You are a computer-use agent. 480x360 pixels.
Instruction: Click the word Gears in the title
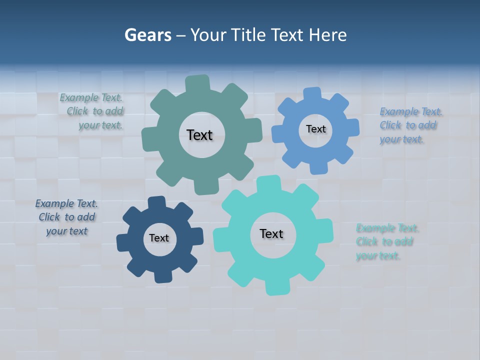147,35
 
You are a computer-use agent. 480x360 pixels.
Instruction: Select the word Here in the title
327,35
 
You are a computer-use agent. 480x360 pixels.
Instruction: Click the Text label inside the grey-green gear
199,135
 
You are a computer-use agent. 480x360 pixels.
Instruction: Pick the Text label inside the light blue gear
315,129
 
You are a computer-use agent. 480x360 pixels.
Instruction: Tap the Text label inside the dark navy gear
159,238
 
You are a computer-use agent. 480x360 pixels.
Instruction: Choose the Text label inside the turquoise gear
271,233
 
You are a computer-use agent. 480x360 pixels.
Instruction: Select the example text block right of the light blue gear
409,125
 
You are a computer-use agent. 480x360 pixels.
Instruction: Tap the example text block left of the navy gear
66,217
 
